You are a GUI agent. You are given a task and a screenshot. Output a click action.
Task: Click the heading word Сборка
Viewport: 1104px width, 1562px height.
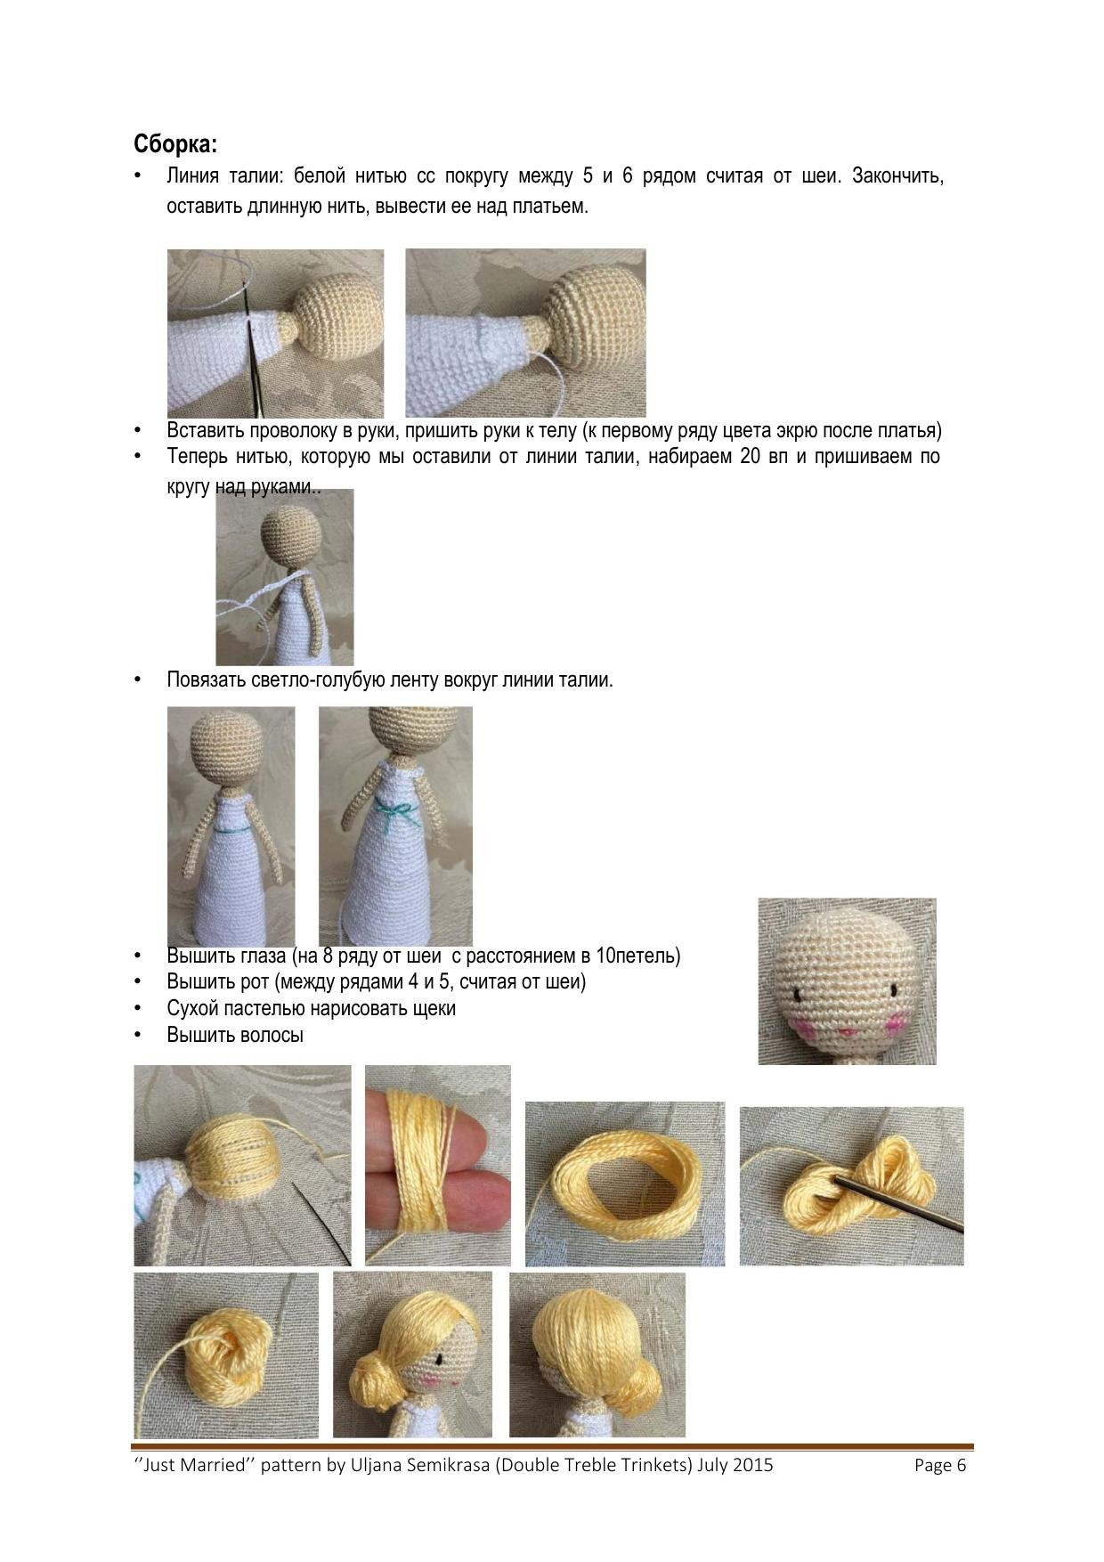coord(175,144)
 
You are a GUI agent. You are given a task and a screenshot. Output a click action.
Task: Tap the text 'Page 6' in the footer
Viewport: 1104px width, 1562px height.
coord(940,1465)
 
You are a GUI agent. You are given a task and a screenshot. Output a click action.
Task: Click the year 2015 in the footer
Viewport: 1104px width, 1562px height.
coord(752,1465)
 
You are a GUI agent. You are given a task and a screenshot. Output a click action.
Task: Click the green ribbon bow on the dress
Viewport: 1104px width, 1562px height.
coord(398,814)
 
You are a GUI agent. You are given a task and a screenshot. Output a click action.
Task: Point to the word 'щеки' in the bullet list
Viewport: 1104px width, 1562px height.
coord(430,1009)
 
